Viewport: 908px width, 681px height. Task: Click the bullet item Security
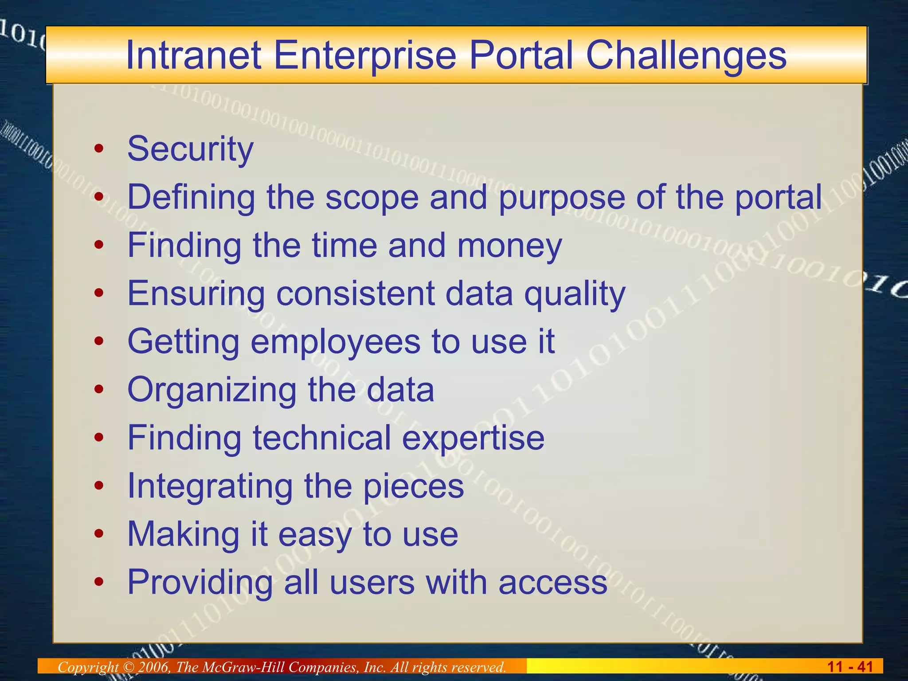tap(190, 149)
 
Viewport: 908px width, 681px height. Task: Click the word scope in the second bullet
tap(372, 197)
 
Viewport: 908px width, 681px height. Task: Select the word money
tap(509, 246)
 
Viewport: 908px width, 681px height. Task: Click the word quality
tap(574, 294)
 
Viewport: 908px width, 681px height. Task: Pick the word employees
tap(335, 342)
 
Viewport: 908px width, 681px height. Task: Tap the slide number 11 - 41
tap(850, 667)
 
